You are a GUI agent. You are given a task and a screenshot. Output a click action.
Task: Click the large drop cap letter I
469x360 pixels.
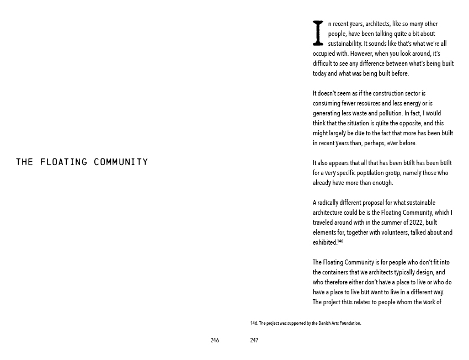(318, 33)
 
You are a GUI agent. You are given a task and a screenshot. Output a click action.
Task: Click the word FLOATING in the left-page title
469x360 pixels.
(63, 162)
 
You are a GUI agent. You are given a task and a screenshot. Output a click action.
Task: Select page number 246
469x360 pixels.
(215, 341)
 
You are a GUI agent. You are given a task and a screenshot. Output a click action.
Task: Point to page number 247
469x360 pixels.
(254, 341)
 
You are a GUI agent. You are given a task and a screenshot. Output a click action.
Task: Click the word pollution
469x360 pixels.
(390, 113)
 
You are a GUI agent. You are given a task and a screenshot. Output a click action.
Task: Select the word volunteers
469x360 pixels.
(397, 232)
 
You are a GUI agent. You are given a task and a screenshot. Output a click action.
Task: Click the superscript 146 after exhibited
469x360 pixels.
(340, 241)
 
